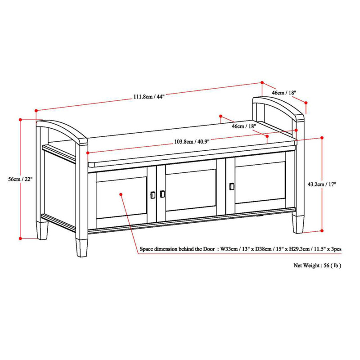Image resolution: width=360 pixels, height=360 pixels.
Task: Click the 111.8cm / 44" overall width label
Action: (x=148, y=96)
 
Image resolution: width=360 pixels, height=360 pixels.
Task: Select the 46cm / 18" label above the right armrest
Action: (x=284, y=92)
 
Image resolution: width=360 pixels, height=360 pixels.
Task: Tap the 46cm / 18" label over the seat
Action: (x=243, y=126)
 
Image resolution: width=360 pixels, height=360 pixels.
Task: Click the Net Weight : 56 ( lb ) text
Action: (x=317, y=265)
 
